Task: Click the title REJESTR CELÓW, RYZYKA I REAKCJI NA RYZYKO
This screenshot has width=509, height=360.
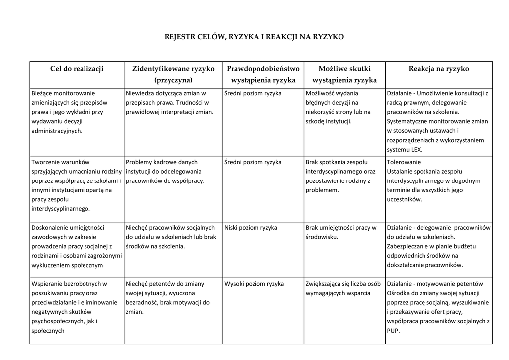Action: click(x=254, y=37)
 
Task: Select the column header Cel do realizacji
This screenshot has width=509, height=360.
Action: click(x=77, y=69)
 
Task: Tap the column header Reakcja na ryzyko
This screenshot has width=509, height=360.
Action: click(x=438, y=69)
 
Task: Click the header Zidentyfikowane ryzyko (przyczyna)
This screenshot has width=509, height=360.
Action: click(x=173, y=74)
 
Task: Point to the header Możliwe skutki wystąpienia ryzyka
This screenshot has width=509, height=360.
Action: click(x=344, y=74)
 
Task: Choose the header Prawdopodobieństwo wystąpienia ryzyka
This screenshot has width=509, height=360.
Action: click(x=263, y=74)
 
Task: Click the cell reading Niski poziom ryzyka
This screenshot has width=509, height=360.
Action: click(x=251, y=228)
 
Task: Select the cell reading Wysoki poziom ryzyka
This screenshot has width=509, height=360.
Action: click(x=254, y=284)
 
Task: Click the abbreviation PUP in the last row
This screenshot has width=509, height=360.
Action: click(x=393, y=331)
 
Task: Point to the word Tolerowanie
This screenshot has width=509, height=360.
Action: click(x=404, y=162)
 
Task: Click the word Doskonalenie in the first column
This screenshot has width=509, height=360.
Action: click(x=50, y=228)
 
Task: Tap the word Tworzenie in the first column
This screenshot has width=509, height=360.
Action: click(x=46, y=162)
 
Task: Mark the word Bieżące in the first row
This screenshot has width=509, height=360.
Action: click(x=43, y=93)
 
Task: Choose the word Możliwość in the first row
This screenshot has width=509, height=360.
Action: click(x=321, y=93)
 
